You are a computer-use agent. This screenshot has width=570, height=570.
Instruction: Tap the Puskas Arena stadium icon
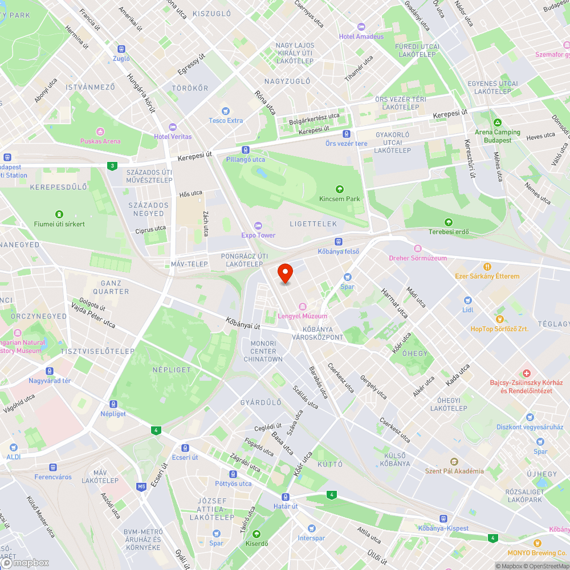(100, 131)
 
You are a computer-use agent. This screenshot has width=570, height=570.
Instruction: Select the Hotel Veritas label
(173, 137)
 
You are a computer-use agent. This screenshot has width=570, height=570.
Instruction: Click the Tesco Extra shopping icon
(226, 111)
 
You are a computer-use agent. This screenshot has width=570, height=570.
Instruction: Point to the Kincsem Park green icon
(340, 189)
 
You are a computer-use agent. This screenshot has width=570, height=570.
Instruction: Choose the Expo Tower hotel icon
(258, 226)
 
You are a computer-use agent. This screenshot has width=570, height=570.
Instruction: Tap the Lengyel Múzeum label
(302, 316)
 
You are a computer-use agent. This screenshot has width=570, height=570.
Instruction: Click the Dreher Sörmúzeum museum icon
(418, 249)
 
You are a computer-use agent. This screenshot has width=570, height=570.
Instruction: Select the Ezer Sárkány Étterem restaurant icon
(487, 267)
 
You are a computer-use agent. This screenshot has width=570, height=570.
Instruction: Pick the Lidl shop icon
(468, 300)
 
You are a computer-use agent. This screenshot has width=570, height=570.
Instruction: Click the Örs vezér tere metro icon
(346, 134)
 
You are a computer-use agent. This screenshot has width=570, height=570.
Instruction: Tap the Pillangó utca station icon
(245, 150)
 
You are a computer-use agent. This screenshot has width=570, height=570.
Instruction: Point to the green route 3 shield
(112, 166)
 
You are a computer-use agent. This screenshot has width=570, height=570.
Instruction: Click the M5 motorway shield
(141, 486)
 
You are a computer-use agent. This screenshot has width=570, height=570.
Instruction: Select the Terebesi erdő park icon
(448, 222)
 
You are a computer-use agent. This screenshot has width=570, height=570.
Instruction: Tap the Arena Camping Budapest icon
(498, 123)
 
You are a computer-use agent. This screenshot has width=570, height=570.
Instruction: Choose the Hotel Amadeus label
(361, 36)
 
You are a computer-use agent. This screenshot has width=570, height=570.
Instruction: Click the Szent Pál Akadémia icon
(454, 462)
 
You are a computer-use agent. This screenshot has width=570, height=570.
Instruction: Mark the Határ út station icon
(285, 497)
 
